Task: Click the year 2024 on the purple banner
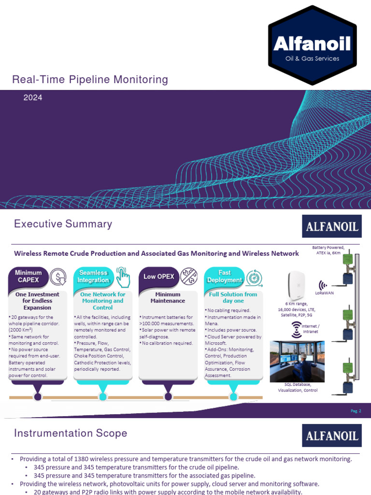33,98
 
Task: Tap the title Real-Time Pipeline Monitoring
90,80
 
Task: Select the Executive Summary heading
63,224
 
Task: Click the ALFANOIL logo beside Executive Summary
331,226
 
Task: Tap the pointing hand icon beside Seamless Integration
123,277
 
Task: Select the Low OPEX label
156,277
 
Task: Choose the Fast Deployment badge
224,277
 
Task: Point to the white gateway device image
296,286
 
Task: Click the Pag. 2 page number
356,411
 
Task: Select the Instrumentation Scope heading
71,433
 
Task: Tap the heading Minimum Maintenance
168,297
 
